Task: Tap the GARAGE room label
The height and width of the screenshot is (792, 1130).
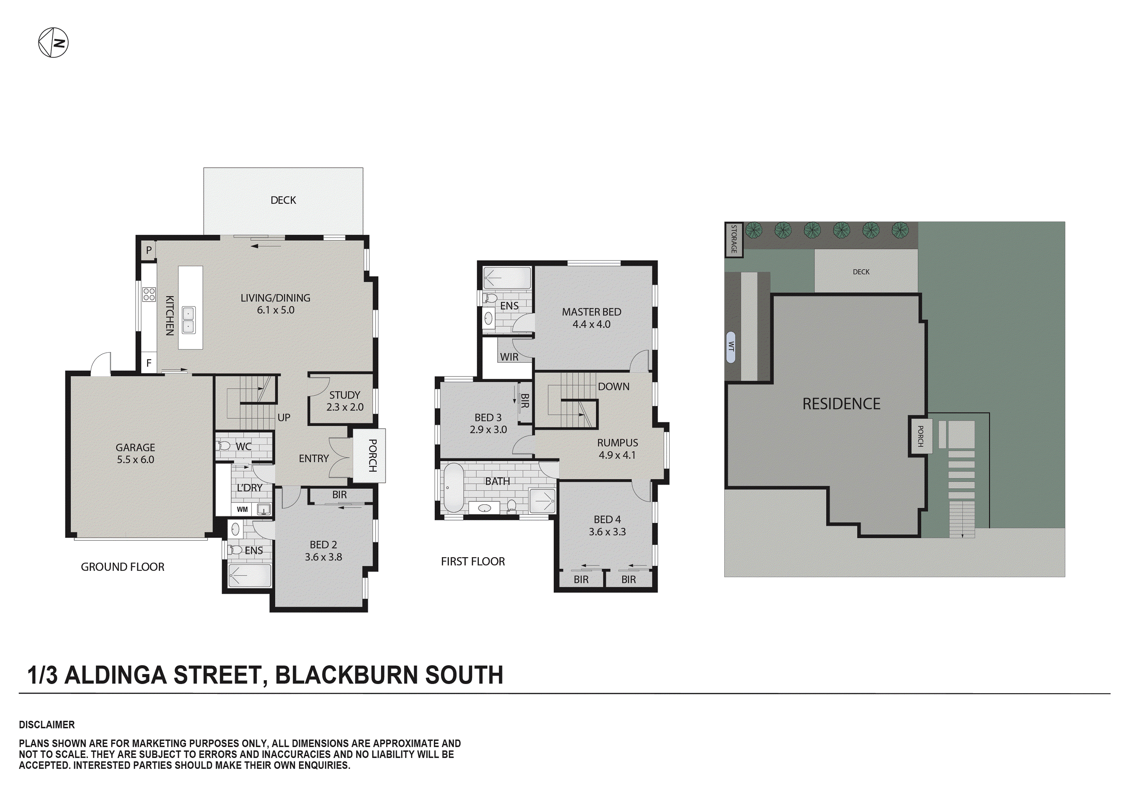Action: pos(135,453)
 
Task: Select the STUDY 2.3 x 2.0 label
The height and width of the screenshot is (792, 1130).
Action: pos(345,401)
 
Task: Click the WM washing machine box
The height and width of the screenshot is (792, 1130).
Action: pos(242,509)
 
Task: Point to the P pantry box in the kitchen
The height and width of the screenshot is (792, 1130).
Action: pos(149,250)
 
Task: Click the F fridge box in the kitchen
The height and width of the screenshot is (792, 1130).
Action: pos(149,363)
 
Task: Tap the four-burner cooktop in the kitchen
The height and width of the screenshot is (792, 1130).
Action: pos(149,294)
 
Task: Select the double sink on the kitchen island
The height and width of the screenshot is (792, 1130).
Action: pos(188,320)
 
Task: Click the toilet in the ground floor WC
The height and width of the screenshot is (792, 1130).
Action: pos(224,446)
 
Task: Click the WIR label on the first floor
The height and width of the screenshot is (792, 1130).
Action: pos(509,357)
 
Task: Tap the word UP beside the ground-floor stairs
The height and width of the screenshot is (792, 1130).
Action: pos(284,418)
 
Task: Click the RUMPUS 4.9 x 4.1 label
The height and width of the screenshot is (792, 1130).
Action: pos(617,449)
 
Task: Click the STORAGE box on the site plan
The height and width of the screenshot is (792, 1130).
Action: pos(733,240)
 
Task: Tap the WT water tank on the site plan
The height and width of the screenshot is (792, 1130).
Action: pos(731,347)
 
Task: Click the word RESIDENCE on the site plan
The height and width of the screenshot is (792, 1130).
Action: pos(841,404)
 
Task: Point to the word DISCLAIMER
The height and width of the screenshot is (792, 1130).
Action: pos(47,725)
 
